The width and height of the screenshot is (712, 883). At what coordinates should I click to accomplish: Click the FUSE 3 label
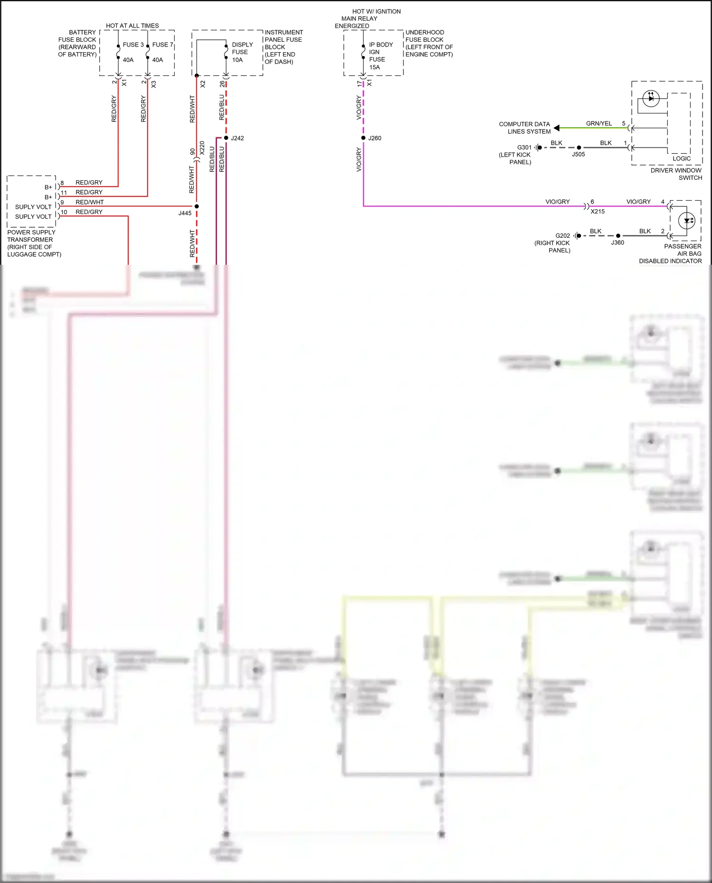[133, 45]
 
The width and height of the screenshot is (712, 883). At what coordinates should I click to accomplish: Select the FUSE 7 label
[162, 45]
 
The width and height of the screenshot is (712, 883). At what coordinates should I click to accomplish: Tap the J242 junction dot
[226, 138]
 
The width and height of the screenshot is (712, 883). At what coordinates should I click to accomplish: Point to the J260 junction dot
[363, 138]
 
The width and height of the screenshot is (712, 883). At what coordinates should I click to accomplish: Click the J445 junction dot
[197, 206]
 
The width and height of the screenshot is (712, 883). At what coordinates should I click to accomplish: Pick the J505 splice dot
[579, 148]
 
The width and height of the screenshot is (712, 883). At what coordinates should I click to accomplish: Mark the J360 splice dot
[618, 236]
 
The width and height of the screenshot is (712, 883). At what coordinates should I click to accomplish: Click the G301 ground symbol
[537, 148]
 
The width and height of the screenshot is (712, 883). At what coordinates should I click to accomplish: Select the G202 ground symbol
[576, 236]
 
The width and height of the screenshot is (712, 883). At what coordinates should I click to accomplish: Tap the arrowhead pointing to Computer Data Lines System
[557, 128]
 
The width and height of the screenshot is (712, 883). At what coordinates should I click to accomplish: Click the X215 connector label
[598, 212]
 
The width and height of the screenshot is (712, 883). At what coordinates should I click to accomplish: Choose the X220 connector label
[202, 148]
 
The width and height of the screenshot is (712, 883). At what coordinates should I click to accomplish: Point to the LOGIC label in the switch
[682, 158]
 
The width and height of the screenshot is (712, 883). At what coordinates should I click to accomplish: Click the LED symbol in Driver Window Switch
[651, 99]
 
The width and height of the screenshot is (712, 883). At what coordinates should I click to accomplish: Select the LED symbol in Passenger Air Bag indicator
[687, 221]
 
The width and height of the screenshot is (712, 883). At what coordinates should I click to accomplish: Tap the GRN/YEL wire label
[599, 123]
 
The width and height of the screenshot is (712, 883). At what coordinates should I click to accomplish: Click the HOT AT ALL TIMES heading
[132, 26]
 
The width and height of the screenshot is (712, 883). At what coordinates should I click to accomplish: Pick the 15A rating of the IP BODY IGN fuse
[375, 67]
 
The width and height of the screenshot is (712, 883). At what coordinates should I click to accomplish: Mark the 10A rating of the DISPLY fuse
[237, 60]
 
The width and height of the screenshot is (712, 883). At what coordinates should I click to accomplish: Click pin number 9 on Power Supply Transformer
[62, 203]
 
